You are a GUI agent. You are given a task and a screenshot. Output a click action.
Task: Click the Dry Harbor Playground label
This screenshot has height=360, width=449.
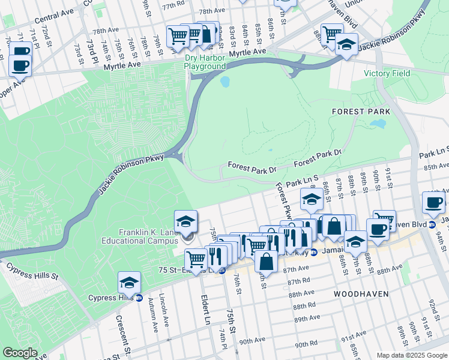click(205, 62)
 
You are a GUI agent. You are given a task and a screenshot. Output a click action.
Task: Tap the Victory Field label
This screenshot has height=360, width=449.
click(387, 74)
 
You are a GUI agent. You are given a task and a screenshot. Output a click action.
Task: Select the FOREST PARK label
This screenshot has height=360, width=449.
click(361, 112)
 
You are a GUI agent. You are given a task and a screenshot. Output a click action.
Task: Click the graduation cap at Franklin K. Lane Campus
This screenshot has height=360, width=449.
click(186, 221)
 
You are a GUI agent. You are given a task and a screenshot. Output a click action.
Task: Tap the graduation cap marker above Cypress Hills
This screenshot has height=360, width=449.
click(129, 282)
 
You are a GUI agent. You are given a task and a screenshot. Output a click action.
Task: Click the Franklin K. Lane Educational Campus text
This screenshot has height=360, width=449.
click(139, 237)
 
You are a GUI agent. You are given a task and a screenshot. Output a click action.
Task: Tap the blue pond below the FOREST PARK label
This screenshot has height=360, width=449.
click(378, 124)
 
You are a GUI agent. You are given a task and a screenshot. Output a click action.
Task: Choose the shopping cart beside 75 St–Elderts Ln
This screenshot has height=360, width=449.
click(196, 259)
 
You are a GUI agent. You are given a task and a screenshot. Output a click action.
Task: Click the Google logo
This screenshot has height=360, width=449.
click(20, 353)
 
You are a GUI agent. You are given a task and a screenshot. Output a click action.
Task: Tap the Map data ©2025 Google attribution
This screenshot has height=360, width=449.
click(411, 355)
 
